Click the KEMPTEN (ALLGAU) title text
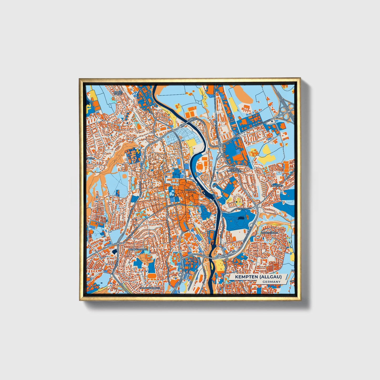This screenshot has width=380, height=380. tap(258, 277)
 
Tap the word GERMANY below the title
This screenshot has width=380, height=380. tap(271, 282)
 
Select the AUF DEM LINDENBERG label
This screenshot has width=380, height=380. tap(235, 170)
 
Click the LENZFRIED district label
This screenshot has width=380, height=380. tap(277, 185)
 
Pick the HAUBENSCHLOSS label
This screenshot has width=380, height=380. tap(138, 249)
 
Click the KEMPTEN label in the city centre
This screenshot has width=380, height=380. tap(190, 190)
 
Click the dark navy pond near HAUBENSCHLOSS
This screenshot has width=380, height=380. tap(114, 252)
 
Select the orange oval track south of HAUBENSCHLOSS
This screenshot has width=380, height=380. tap(152, 275)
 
